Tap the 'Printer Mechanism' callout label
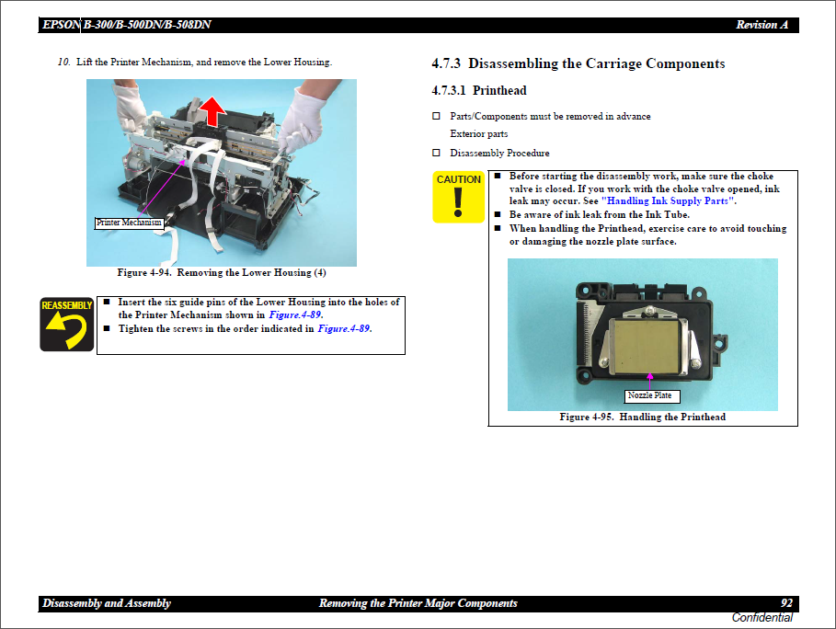coord(130,223)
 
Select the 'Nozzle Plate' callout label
coord(650,395)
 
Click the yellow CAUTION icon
coord(458,197)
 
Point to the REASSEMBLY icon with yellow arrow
coord(66,324)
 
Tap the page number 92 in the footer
coord(786,603)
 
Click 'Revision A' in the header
coord(762,25)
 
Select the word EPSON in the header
coord(61,25)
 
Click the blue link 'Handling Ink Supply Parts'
coord(668,200)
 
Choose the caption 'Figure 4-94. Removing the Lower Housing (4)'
coord(221,273)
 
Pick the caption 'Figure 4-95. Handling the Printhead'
coord(642,417)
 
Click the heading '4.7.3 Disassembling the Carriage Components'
coord(578,63)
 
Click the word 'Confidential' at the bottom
coord(762,618)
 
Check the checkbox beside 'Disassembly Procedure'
coord(437,153)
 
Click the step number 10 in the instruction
coord(63,63)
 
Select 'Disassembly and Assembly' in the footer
coord(106,603)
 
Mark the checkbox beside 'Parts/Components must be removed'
coord(437,117)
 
